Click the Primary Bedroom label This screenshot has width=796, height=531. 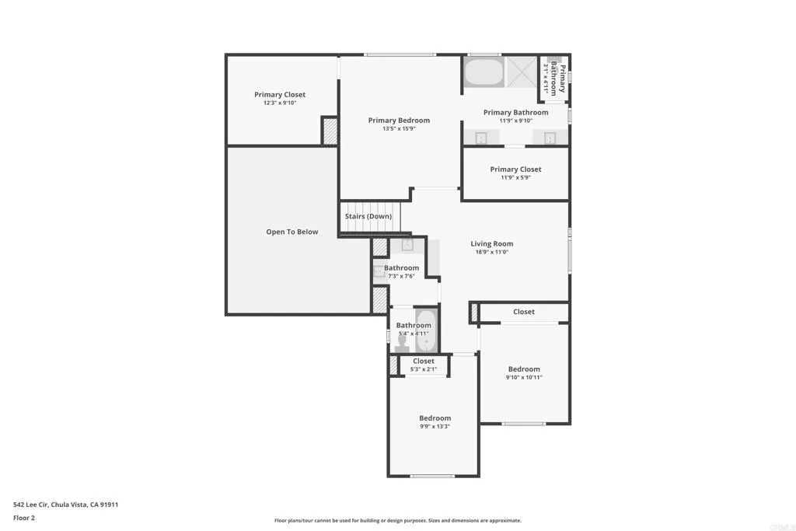click(x=399, y=121)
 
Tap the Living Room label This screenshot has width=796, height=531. click(x=491, y=243)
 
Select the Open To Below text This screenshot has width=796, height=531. click(x=292, y=232)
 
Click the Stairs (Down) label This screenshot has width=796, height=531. click(x=368, y=216)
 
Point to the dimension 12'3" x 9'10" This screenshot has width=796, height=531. click(x=280, y=103)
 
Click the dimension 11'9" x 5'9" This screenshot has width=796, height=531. click(x=515, y=177)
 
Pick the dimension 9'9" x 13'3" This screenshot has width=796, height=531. click(x=435, y=426)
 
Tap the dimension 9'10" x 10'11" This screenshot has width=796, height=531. click(x=524, y=377)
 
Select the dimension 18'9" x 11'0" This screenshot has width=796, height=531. click(x=491, y=252)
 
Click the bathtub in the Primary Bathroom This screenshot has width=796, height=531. click(x=484, y=72)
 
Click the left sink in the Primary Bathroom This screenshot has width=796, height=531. click(x=481, y=138)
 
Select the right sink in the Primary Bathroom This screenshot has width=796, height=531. click(x=550, y=138)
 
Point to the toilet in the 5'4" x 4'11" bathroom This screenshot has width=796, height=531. click(x=402, y=343)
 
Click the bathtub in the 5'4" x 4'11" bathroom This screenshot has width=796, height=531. click(x=427, y=330)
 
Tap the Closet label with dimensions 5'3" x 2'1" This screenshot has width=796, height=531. click(x=424, y=361)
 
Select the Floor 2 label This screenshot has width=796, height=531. click(x=24, y=518)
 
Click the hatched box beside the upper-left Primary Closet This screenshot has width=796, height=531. click(x=330, y=131)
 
